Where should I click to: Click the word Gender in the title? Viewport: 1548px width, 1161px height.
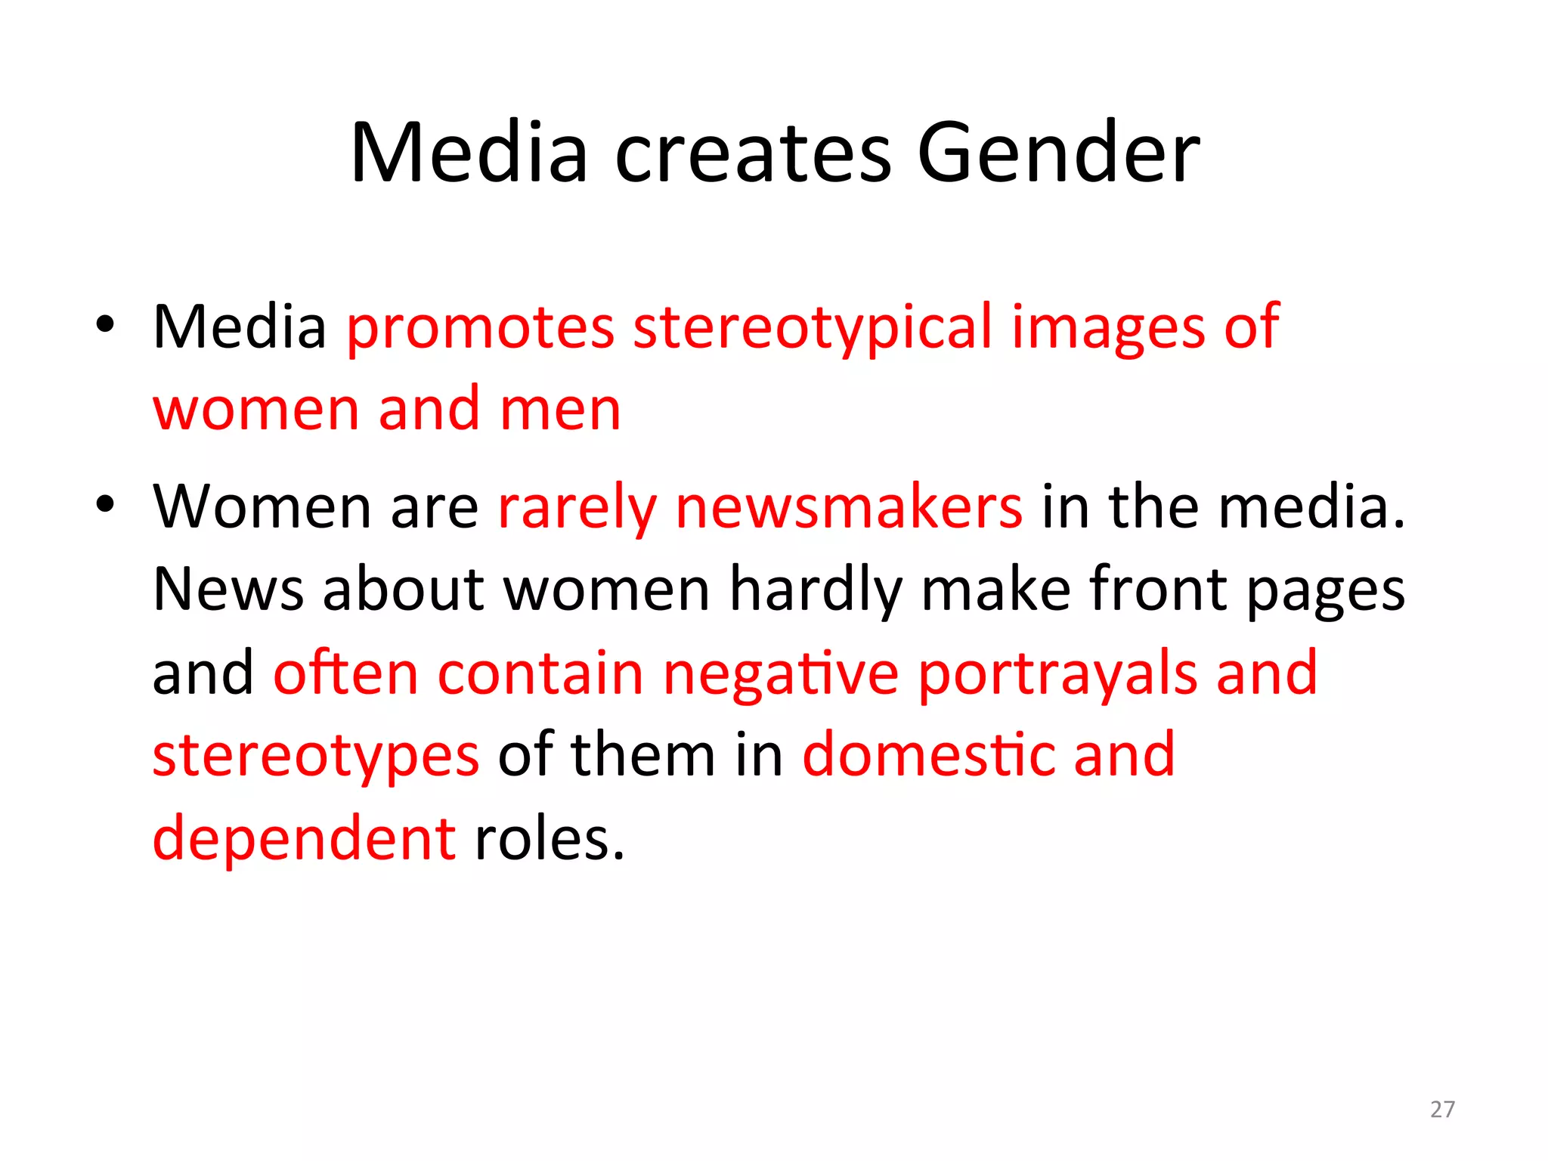[1058, 153]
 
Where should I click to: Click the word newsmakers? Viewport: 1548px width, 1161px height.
[849, 507]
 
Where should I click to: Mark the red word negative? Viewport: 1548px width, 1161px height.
[781, 673]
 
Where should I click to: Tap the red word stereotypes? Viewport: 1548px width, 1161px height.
[316, 756]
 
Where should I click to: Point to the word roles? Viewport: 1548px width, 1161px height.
[550, 839]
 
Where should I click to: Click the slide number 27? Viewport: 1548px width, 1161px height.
[1442, 1109]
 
